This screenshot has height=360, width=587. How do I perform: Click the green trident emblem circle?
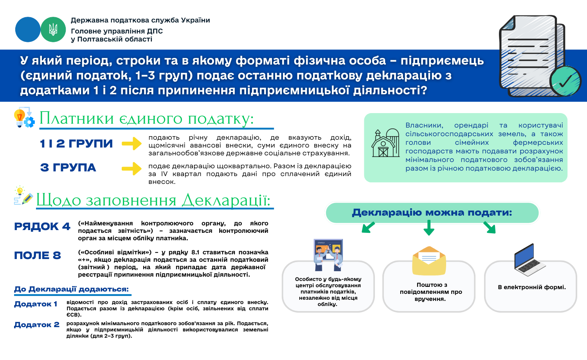click(x=53, y=30)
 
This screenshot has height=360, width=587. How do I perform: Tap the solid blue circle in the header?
click(x=28, y=30)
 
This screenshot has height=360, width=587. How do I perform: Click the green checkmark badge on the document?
click(x=565, y=81)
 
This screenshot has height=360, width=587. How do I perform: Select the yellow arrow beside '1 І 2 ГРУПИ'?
click(x=131, y=144)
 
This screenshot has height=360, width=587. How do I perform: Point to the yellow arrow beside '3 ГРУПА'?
click(x=131, y=169)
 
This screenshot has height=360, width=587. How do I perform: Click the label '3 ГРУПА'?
click(x=68, y=168)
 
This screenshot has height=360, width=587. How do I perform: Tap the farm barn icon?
click(x=385, y=143)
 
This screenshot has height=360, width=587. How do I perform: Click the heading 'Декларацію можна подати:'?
click(x=432, y=212)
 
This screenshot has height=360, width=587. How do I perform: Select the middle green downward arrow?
click(x=429, y=228)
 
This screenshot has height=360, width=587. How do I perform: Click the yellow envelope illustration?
click(x=429, y=261)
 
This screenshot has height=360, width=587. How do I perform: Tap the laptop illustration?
click(x=529, y=260)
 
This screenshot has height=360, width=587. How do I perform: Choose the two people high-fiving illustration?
click(x=328, y=255)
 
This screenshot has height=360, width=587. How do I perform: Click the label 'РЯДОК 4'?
click(x=42, y=227)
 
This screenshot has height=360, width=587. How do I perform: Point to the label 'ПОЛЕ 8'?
click(x=38, y=256)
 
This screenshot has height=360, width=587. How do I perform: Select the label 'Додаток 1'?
click(x=36, y=304)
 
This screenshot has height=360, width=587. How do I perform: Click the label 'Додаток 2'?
click(x=37, y=325)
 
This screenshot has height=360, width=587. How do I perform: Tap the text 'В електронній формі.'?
click(x=532, y=287)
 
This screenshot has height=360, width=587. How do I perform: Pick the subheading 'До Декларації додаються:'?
click(x=71, y=289)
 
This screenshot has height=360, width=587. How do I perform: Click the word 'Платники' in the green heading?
click(x=77, y=119)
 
